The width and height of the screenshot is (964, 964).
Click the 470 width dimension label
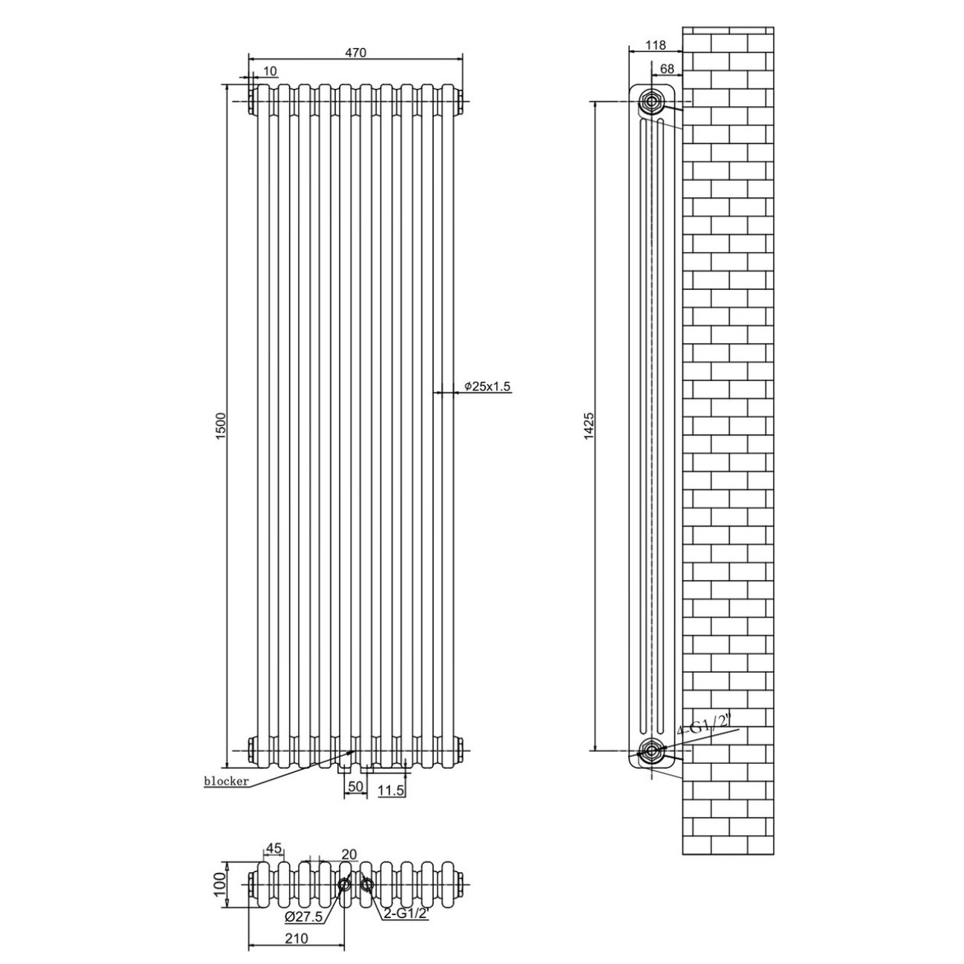[356, 53]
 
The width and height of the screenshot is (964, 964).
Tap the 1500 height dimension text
[221, 426]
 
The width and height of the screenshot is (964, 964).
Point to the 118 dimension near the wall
[656, 45]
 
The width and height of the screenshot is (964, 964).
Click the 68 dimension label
[667, 68]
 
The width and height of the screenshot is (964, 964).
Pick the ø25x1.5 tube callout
[487, 386]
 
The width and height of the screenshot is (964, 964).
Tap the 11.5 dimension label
[392, 804]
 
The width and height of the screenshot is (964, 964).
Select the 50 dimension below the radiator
[355, 800]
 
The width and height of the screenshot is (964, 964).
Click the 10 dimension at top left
[270, 71]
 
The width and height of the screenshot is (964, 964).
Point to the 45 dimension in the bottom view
[274, 848]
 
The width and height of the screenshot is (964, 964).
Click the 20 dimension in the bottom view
[349, 854]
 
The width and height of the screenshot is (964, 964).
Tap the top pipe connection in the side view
[651, 102]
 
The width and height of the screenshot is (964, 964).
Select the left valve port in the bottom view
[345, 885]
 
